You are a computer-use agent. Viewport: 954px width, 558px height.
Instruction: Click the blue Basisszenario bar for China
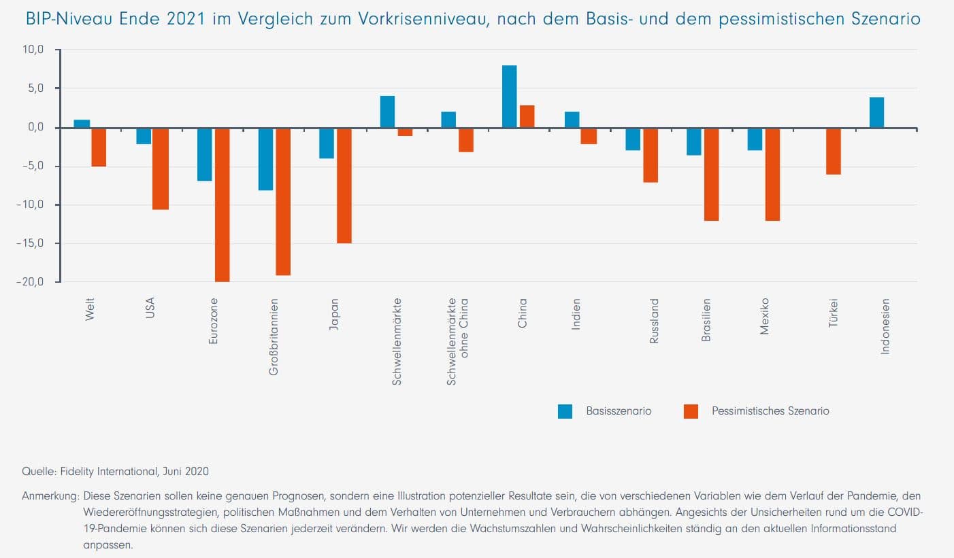[x=509, y=97]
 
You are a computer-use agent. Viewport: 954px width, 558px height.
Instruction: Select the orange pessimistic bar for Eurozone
[x=222, y=204]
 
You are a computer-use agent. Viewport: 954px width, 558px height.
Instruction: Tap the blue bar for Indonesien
[x=876, y=112]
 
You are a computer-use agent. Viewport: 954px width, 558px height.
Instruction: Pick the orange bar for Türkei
[x=833, y=151]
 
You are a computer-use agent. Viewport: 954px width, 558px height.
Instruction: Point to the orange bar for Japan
[x=344, y=185]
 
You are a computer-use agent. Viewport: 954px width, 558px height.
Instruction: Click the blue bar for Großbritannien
[x=265, y=158]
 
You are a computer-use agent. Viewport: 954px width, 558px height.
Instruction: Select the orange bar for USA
[x=161, y=168]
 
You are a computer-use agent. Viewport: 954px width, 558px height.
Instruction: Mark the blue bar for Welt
[x=82, y=124]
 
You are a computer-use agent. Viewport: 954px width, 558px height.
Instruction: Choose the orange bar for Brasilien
[x=711, y=174]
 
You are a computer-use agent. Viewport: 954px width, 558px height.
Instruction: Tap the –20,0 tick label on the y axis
[x=30, y=282]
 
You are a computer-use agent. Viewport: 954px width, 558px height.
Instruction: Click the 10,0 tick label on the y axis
[x=33, y=50]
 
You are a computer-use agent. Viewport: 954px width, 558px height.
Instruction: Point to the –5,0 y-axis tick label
[x=31, y=167]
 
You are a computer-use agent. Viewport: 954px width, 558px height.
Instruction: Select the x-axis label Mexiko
[x=764, y=316]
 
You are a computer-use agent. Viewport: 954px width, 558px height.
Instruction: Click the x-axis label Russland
[x=654, y=320]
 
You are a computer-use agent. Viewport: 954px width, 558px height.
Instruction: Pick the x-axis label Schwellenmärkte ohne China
[x=457, y=341]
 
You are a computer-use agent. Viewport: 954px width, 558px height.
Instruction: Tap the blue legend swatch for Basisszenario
[x=565, y=411]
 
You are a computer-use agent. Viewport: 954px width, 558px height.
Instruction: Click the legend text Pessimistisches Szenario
[x=770, y=411]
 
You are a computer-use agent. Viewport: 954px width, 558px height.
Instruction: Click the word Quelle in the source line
[x=37, y=471]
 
